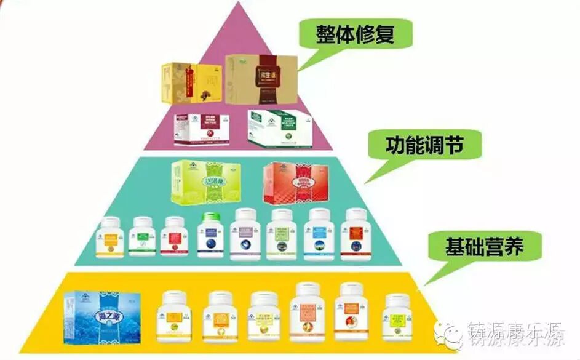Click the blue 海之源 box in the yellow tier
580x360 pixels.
pyautogui.click(x=101, y=316)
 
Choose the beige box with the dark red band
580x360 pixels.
pyautogui.click(x=261, y=79)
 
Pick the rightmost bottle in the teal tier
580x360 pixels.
pyautogui.click(x=356, y=234)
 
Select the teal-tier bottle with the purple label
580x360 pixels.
pyautogui.click(x=245, y=234)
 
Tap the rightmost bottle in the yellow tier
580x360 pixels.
pyautogui.click(x=397, y=316)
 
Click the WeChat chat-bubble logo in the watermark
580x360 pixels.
pyautogui.click(x=448, y=335)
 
